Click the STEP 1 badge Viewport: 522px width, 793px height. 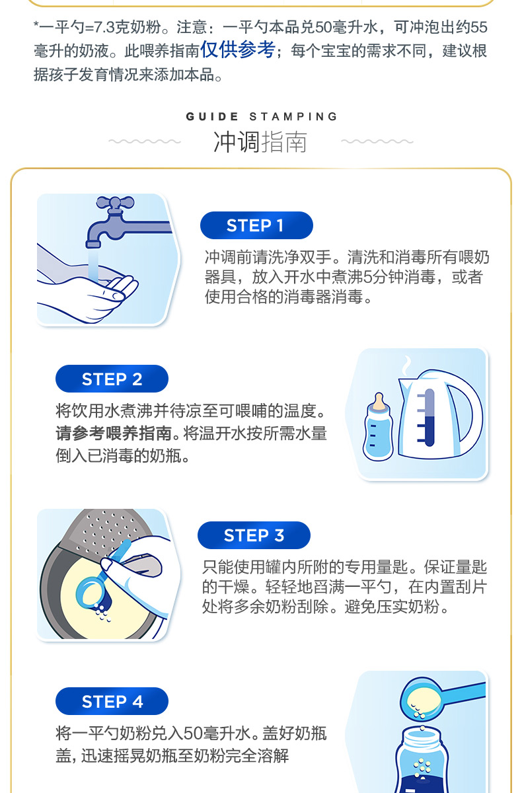pyautogui.click(x=256, y=225)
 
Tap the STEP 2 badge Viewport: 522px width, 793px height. pyautogui.click(x=112, y=379)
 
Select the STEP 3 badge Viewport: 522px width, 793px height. pyautogui.click(x=254, y=535)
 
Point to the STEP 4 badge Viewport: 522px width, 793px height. pyautogui.click(x=112, y=701)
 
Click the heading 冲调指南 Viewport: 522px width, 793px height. pyautogui.click(x=260, y=142)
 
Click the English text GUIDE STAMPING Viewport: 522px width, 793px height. pyautogui.click(x=262, y=116)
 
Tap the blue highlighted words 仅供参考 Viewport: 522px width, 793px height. pyautogui.click(x=238, y=49)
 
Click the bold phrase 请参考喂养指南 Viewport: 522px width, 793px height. pyautogui.click(x=114, y=434)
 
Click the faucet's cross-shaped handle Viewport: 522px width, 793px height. pyautogui.click(x=115, y=204)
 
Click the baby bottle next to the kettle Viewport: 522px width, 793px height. pyautogui.click(x=378, y=428)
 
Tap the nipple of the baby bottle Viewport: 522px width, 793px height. pyautogui.click(x=379, y=402)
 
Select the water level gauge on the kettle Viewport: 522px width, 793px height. pyautogui.click(x=426, y=418)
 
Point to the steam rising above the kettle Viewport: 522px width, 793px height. pyautogui.click(x=407, y=365)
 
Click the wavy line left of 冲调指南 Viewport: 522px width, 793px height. pyautogui.click(x=145, y=141)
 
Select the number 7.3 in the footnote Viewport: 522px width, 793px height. pyautogui.click(x=105, y=27)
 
